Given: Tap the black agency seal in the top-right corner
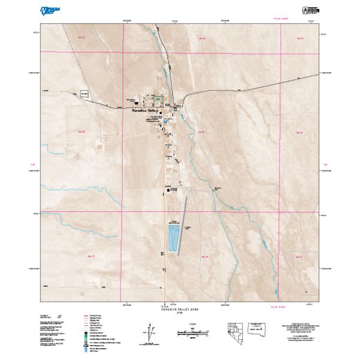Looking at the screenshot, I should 311,10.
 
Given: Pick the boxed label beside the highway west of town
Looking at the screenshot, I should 83,93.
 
